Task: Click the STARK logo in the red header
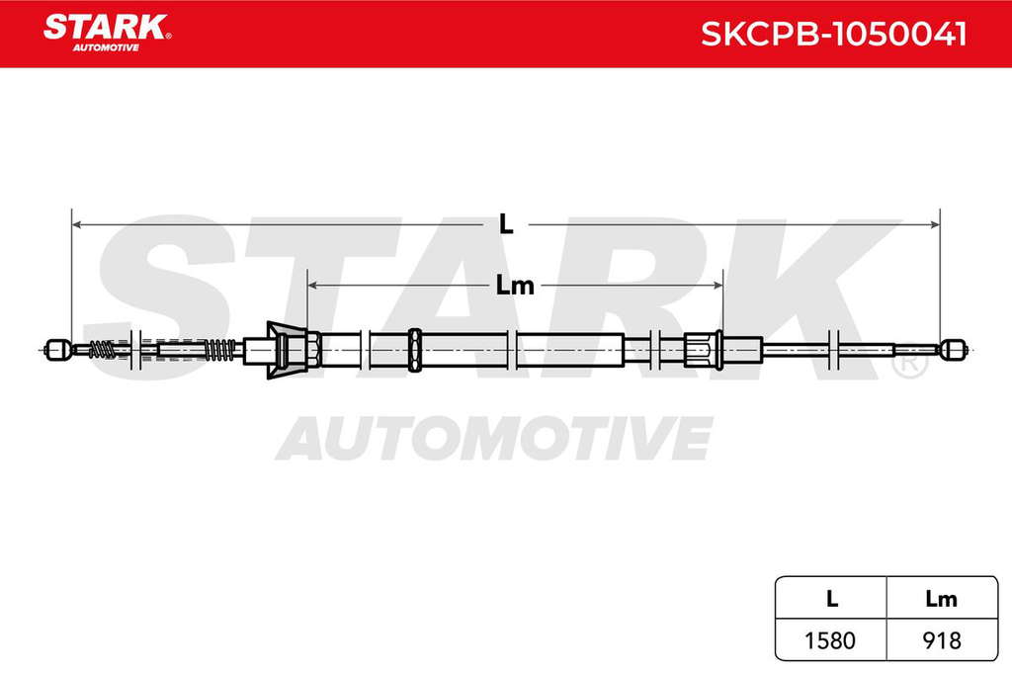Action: [x=107, y=33]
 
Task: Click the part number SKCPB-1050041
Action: [x=834, y=35]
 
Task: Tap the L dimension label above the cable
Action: [x=506, y=224]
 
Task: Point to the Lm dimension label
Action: [x=514, y=285]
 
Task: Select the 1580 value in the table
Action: [x=830, y=640]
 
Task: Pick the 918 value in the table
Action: [x=942, y=640]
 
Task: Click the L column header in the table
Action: [x=832, y=599]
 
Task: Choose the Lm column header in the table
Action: [x=941, y=599]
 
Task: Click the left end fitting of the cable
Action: [x=56, y=349]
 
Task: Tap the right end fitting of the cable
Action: [x=953, y=349]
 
